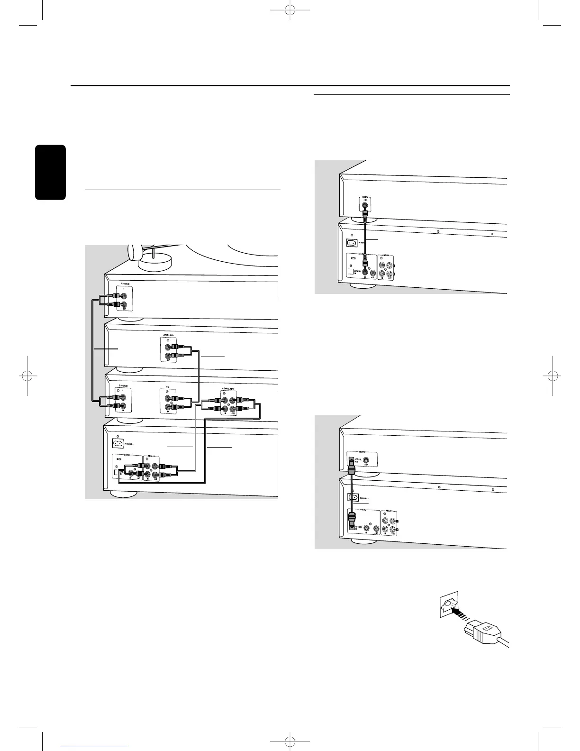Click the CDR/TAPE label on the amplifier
pos(227,389)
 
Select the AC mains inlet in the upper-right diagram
pos(352,243)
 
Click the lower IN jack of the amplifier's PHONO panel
pos(123,406)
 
